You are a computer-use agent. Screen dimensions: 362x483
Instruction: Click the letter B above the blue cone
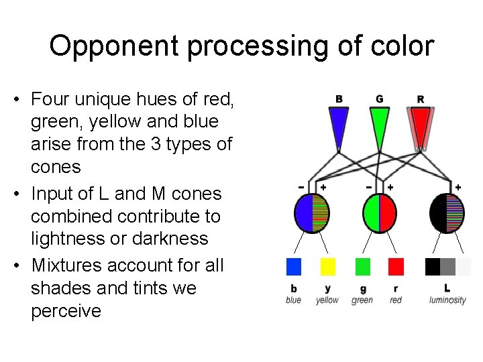pos(339,99)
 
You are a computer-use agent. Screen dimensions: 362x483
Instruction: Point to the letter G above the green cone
pos(380,99)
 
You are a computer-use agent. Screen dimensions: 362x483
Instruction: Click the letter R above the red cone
pos(421,99)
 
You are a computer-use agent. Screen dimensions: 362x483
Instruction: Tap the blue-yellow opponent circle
pos(313,213)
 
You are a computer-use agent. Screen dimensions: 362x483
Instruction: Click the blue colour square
pos(294,267)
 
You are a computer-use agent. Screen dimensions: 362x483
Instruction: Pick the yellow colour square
pos(327,267)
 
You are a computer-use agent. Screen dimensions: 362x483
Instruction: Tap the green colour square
pos(363,267)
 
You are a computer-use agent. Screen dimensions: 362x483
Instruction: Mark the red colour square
pos(396,267)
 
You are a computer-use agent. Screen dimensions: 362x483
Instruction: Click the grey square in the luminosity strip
pos(448,267)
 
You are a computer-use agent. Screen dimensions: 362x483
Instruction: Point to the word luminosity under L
pos(447,300)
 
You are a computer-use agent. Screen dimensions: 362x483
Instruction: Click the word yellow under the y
pos(327,300)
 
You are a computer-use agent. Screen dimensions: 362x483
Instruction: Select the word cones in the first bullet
pos(57,167)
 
